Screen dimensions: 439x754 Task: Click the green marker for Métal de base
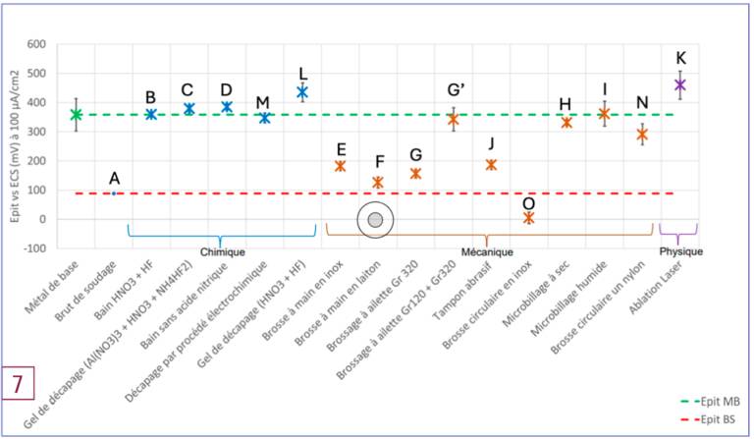pos(77,114)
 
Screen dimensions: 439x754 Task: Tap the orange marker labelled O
pos(528,218)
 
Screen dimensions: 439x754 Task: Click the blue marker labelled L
pos(302,92)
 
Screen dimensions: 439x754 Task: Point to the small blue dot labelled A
pos(114,193)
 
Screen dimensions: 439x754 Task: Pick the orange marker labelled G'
pos(453,120)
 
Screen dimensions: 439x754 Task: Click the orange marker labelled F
pos(378,183)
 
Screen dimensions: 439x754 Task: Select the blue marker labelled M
pos(264,118)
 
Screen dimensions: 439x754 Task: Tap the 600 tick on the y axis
pos(46,45)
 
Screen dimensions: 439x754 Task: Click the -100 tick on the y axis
pos(44,248)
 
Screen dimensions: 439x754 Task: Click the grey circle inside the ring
pos(375,221)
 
